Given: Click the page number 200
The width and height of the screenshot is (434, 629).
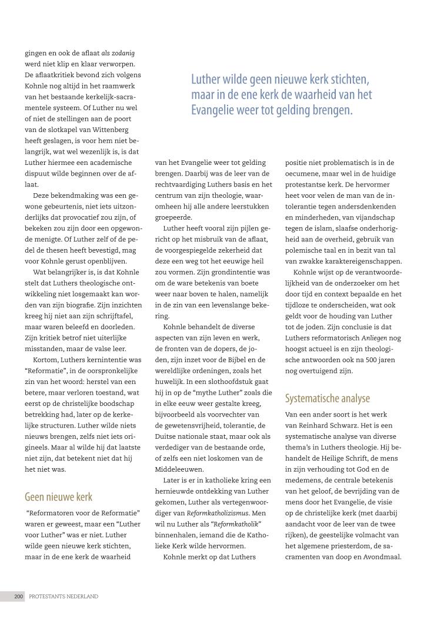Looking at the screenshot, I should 19,597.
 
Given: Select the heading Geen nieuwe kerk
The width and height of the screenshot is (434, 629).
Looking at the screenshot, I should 58,496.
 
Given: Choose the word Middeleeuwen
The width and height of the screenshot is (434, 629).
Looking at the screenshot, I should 181,469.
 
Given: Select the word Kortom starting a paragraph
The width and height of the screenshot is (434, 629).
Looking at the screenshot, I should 45,359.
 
